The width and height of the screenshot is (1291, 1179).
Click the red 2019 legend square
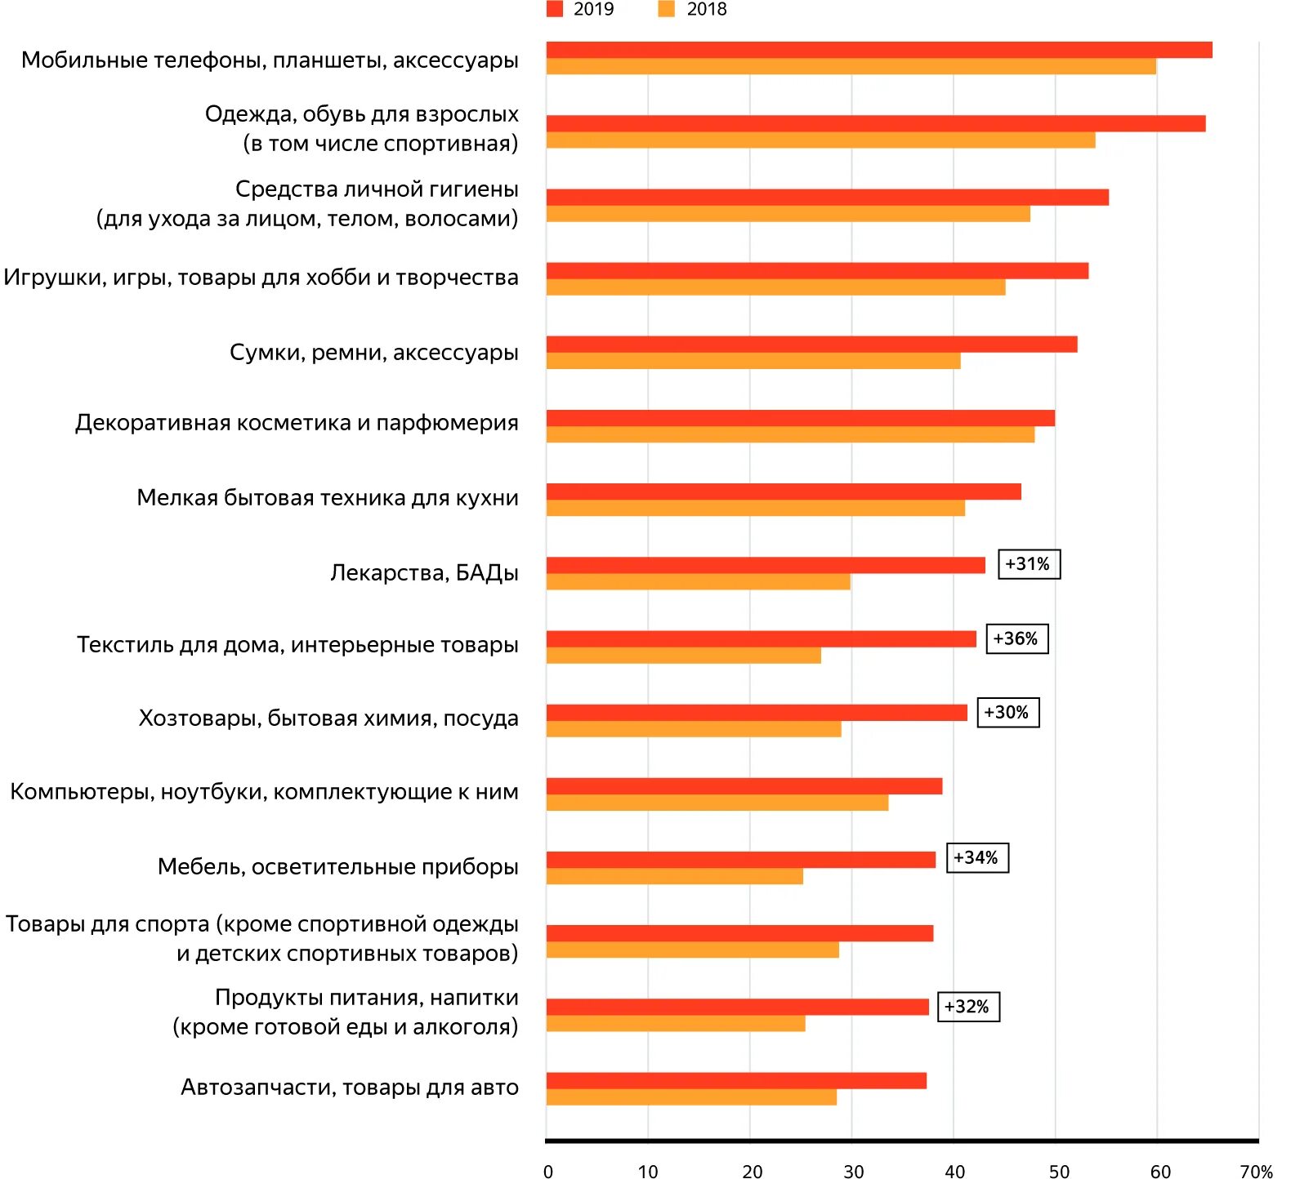tap(555, 9)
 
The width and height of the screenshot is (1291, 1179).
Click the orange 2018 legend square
tap(667, 9)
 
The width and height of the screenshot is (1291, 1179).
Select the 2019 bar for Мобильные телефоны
tap(878, 50)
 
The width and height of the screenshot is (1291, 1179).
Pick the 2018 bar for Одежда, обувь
tap(820, 140)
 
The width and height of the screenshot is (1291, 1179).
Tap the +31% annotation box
tap(1029, 564)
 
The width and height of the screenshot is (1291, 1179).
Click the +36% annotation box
tap(1016, 638)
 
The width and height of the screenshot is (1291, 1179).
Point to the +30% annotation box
tap(1007, 712)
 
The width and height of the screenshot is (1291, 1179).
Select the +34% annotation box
tap(977, 858)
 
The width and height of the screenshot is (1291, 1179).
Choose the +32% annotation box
tap(968, 1007)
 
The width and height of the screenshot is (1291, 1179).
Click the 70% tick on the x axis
tap(1256, 1172)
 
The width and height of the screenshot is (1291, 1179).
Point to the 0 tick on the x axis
tap(548, 1172)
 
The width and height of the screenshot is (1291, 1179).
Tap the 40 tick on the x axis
tap(954, 1172)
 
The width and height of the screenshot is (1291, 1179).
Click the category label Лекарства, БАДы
tap(424, 572)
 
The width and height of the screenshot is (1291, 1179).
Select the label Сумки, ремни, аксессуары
tap(373, 352)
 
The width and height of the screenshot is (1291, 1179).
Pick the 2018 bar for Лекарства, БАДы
tap(698, 582)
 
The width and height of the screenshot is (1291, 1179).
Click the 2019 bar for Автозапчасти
tap(735, 1080)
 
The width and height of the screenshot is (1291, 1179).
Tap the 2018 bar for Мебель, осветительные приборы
tap(674, 876)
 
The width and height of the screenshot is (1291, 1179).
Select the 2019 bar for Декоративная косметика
tap(800, 418)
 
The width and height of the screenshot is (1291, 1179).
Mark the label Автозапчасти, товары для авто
tap(349, 1087)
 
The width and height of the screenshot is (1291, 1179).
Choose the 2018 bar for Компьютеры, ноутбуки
tap(717, 803)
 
